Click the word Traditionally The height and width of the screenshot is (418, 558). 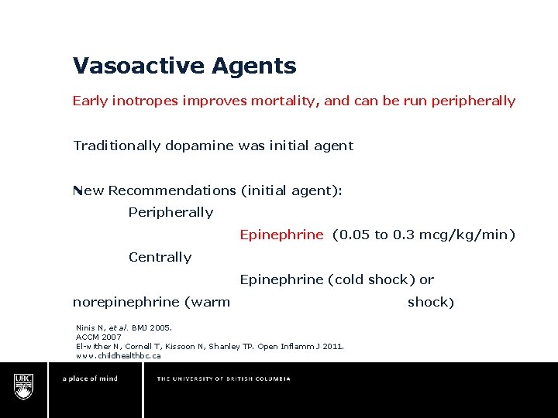(117, 146)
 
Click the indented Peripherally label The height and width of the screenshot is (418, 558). (170, 213)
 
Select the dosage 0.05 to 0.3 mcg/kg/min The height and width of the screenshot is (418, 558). (423, 235)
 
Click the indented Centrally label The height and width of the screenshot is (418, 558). (160, 258)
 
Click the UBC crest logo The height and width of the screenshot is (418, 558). (24, 385)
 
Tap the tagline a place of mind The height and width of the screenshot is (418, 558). (90, 379)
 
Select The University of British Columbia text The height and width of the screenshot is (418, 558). (224, 379)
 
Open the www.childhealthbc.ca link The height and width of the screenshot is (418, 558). (118, 356)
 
